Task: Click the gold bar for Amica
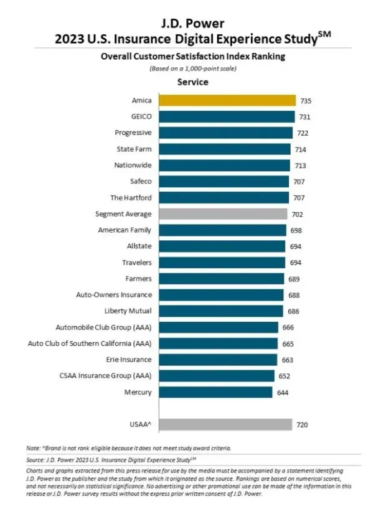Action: point(227,100)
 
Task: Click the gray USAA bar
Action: point(225,424)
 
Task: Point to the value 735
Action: point(306,100)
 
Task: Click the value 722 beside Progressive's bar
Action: point(303,133)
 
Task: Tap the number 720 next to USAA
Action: point(302,425)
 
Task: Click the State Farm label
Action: point(134,149)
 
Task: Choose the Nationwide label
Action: point(133,166)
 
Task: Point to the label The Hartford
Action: point(131,198)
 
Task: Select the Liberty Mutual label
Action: point(128,311)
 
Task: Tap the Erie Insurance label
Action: point(129,360)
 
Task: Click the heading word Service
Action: point(192,82)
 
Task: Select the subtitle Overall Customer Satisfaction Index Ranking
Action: point(192,56)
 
